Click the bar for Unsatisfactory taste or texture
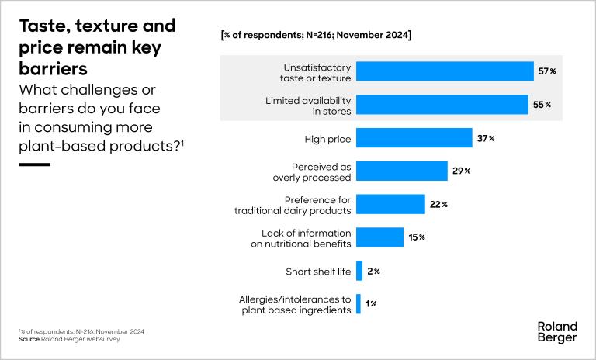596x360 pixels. coord(445,71)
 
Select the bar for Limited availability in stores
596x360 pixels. coord(442,105)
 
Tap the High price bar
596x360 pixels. coord(414,138)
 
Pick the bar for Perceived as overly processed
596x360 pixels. coord(401,171)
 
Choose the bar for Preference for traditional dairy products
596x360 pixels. coord(390,204)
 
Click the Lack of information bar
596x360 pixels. coord(379,237)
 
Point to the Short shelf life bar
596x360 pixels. coord(359,271)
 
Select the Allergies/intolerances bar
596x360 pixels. coord(359,304)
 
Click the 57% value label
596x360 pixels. coord(547,71)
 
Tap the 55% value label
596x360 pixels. coord(542,105)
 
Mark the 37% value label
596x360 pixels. coord(486,138)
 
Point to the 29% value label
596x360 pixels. coord(462,171)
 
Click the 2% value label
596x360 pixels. coord(372,271)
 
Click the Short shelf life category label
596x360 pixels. coord(319,272)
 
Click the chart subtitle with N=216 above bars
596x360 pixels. coord(316,35)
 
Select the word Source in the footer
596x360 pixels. coord(29,340)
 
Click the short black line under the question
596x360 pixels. coord(33,164)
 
